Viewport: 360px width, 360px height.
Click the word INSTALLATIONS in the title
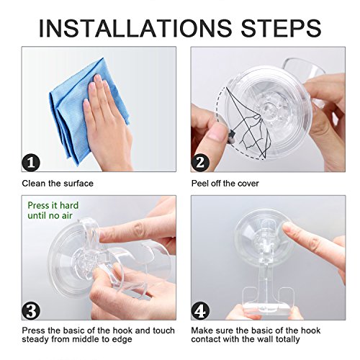coord(135,28)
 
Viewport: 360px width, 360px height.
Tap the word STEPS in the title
coord(281,28)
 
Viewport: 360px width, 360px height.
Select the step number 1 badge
coord(31,163)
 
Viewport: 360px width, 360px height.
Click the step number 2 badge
coord(200,163)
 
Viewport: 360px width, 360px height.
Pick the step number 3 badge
coord(31,310)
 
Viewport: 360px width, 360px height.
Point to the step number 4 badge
coord(200,310)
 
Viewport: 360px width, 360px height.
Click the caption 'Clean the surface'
coord(58,184)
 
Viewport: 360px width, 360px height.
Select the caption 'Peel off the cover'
coord(225,184)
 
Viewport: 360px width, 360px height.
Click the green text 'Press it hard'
coord(53,205)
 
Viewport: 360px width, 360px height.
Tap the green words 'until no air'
coord(50,215)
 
